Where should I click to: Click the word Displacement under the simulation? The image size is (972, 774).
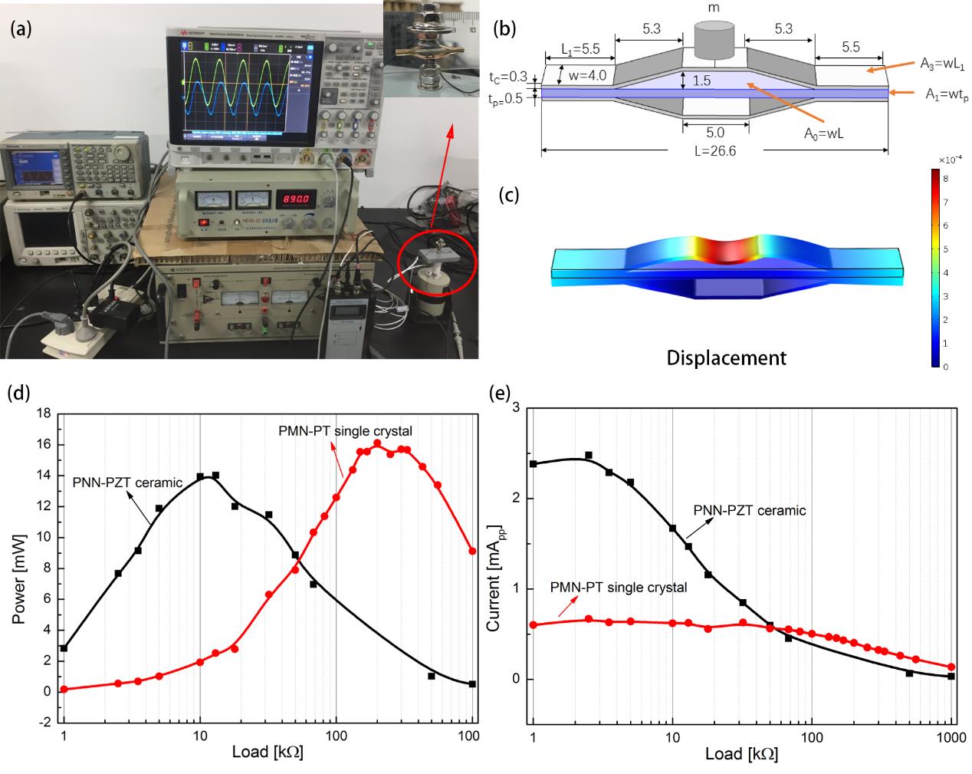(726, 357)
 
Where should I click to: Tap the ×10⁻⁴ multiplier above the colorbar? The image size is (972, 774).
(944, 160)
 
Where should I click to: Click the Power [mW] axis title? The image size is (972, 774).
(19, 567)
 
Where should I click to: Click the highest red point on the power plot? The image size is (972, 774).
(377, 443)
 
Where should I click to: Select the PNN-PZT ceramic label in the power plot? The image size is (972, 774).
(127, 483)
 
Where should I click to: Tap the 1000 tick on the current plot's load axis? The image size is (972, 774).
(951, 737)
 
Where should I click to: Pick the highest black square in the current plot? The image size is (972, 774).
(589, 456)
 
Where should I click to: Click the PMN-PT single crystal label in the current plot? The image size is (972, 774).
(619, 587)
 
